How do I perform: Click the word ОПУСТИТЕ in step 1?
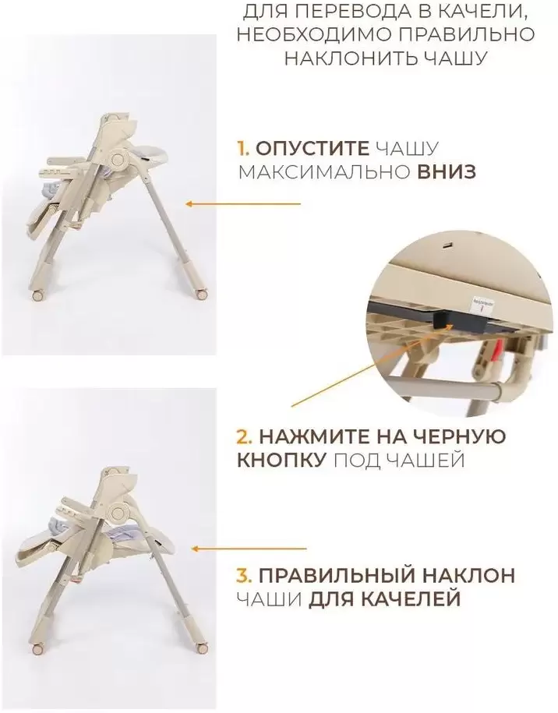pyautogui.click(x=312, y=149)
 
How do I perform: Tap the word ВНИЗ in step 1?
pyautogui.click(x=447, y=172)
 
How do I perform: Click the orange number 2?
pyautogui.click(x=244, y=437)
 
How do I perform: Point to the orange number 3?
pyautogui.click(x=244, y=575)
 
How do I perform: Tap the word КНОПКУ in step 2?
pyautogui.click(x=281, y=461)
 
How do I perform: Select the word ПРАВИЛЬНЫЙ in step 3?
pyautogui.click(x=337, y=575)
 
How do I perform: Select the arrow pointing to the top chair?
pyautogui.click(x=243, y=204)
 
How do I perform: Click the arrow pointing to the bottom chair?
pyautogui.click(x=249, y=549)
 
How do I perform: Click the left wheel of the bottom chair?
pyautogui.click(x=37, y=649)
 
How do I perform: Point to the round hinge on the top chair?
pyautogui.click(x=119, y=160)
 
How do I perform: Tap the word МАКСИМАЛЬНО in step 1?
pyautogui.click(x=323, y=172)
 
